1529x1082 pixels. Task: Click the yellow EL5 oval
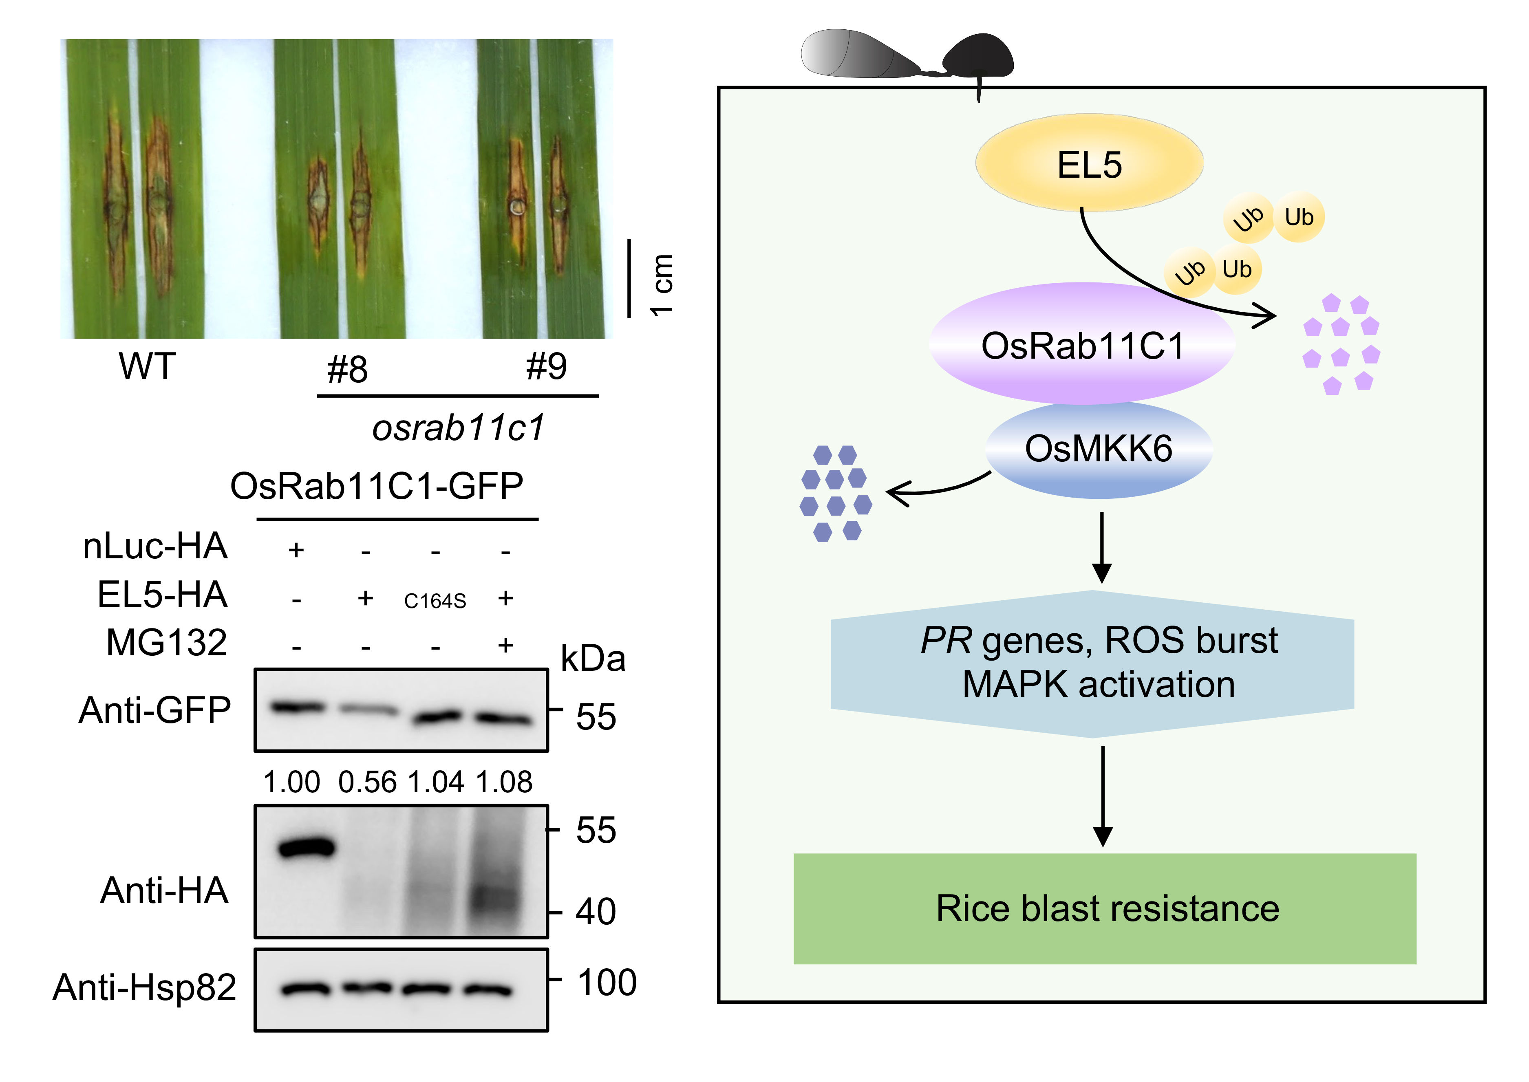click(1089, 164)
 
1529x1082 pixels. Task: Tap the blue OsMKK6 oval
click(1098, 449)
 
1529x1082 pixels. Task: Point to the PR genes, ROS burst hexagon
click(1092, 663)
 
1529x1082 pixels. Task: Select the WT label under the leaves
click(147, 366)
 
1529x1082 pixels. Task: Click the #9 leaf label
click(546, 366)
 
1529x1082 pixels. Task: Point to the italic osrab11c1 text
click(458, 428)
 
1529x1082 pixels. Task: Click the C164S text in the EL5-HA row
click(435, 601)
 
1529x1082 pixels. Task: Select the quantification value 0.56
click(367, 782)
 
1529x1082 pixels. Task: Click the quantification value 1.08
click(504, 782)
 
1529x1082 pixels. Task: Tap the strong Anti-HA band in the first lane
click(307, 848)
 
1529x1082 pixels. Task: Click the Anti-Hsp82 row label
click(145, 987)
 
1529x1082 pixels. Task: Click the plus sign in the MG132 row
click(506, 645)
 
